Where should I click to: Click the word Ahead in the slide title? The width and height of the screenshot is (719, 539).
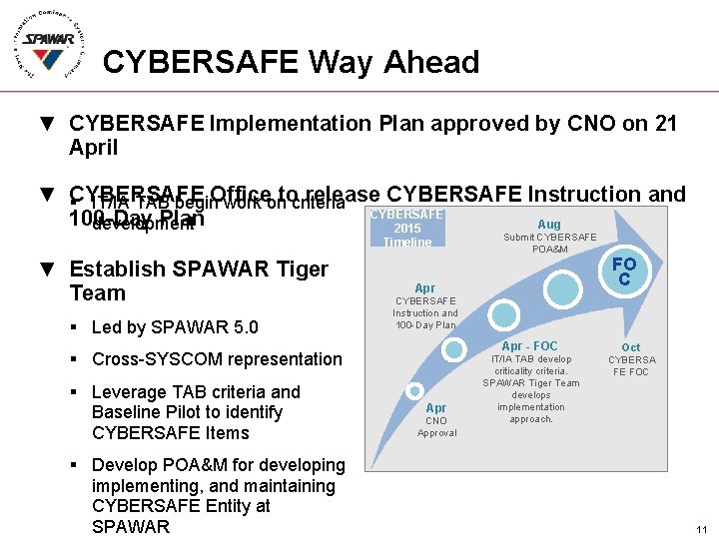point(429,62)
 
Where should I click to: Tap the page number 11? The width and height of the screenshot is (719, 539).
point(702,529)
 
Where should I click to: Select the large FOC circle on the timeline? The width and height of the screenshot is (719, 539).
point(623,272)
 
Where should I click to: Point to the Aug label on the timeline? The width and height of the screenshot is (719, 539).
point(549,225)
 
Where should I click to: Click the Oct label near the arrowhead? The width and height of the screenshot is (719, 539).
point(631,347)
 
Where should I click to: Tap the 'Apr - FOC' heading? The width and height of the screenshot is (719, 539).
point(529,346)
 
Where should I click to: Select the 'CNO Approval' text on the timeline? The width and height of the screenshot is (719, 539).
point(436,426)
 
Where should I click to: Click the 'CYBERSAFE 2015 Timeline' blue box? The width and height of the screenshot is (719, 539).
point(407,229)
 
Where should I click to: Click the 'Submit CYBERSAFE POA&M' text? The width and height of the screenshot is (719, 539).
point(549,243)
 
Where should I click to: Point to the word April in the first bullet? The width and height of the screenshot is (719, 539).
point(94,148)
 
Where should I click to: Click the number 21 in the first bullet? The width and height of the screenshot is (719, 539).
point(666,124)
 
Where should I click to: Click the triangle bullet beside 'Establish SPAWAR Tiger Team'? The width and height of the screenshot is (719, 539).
point(46,269)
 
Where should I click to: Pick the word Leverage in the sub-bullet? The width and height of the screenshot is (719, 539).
point(131,392)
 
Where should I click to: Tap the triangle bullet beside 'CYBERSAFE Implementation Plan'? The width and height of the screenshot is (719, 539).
point(46,124)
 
